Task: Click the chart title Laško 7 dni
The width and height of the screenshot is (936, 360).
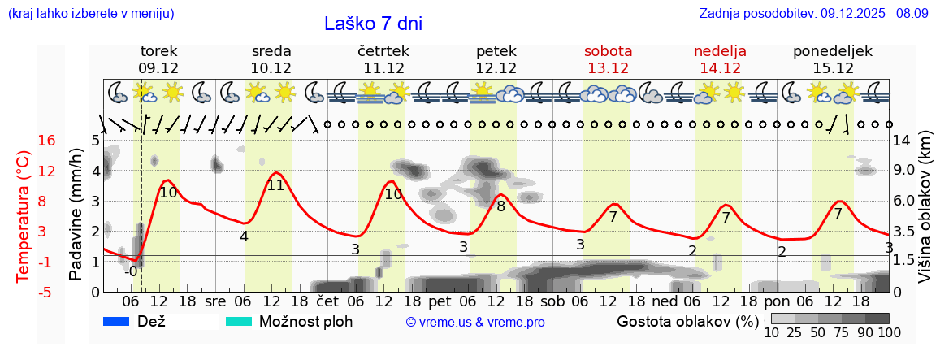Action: (373, 24)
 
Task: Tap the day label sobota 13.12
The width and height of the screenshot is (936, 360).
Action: (608, 59)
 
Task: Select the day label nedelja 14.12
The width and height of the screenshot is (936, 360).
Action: (720, 59)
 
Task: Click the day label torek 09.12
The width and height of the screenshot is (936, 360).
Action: (158, 59)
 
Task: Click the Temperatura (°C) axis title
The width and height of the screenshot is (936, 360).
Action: (24, 216)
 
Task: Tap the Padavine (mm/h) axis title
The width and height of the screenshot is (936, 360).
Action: (76, 215)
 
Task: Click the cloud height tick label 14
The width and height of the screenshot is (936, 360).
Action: (901, 141)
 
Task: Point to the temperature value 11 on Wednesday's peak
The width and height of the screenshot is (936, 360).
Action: (275, 185)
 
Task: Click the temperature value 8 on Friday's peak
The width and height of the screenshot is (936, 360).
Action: (500, 206)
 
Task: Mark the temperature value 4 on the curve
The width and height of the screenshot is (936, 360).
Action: (244, 236)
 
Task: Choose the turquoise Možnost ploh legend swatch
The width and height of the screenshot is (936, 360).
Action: (238, 321)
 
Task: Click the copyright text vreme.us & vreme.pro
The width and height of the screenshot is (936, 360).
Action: (475, 322)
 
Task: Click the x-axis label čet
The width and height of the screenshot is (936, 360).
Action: (327, 301)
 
